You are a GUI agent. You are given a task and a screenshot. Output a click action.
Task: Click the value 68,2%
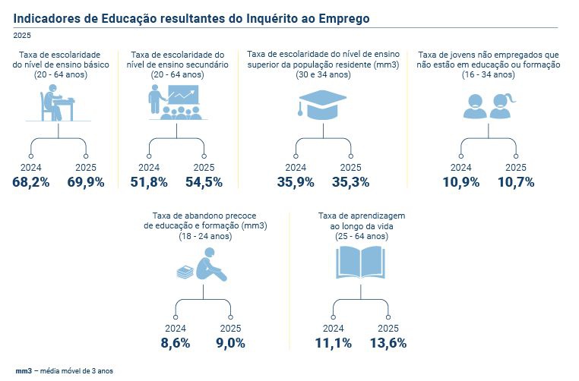(30, 182)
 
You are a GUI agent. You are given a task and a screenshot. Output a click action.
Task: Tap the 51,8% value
(149, 182)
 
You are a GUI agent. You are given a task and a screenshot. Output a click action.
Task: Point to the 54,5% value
(204, 182)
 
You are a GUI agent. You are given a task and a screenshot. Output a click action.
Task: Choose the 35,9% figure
(295, 182)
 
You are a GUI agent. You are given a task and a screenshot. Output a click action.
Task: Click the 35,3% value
(350, 182)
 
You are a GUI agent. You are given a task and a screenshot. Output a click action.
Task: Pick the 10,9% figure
(461, 182)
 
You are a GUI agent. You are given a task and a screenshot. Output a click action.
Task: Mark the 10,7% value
(516, 182)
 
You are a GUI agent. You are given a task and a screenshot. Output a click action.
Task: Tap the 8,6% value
(176, 343)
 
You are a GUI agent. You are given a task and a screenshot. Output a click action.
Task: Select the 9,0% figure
(230, 343)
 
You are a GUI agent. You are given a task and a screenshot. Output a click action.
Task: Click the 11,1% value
(333, 343)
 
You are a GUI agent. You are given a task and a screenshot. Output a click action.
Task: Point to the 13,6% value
(388, 343)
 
